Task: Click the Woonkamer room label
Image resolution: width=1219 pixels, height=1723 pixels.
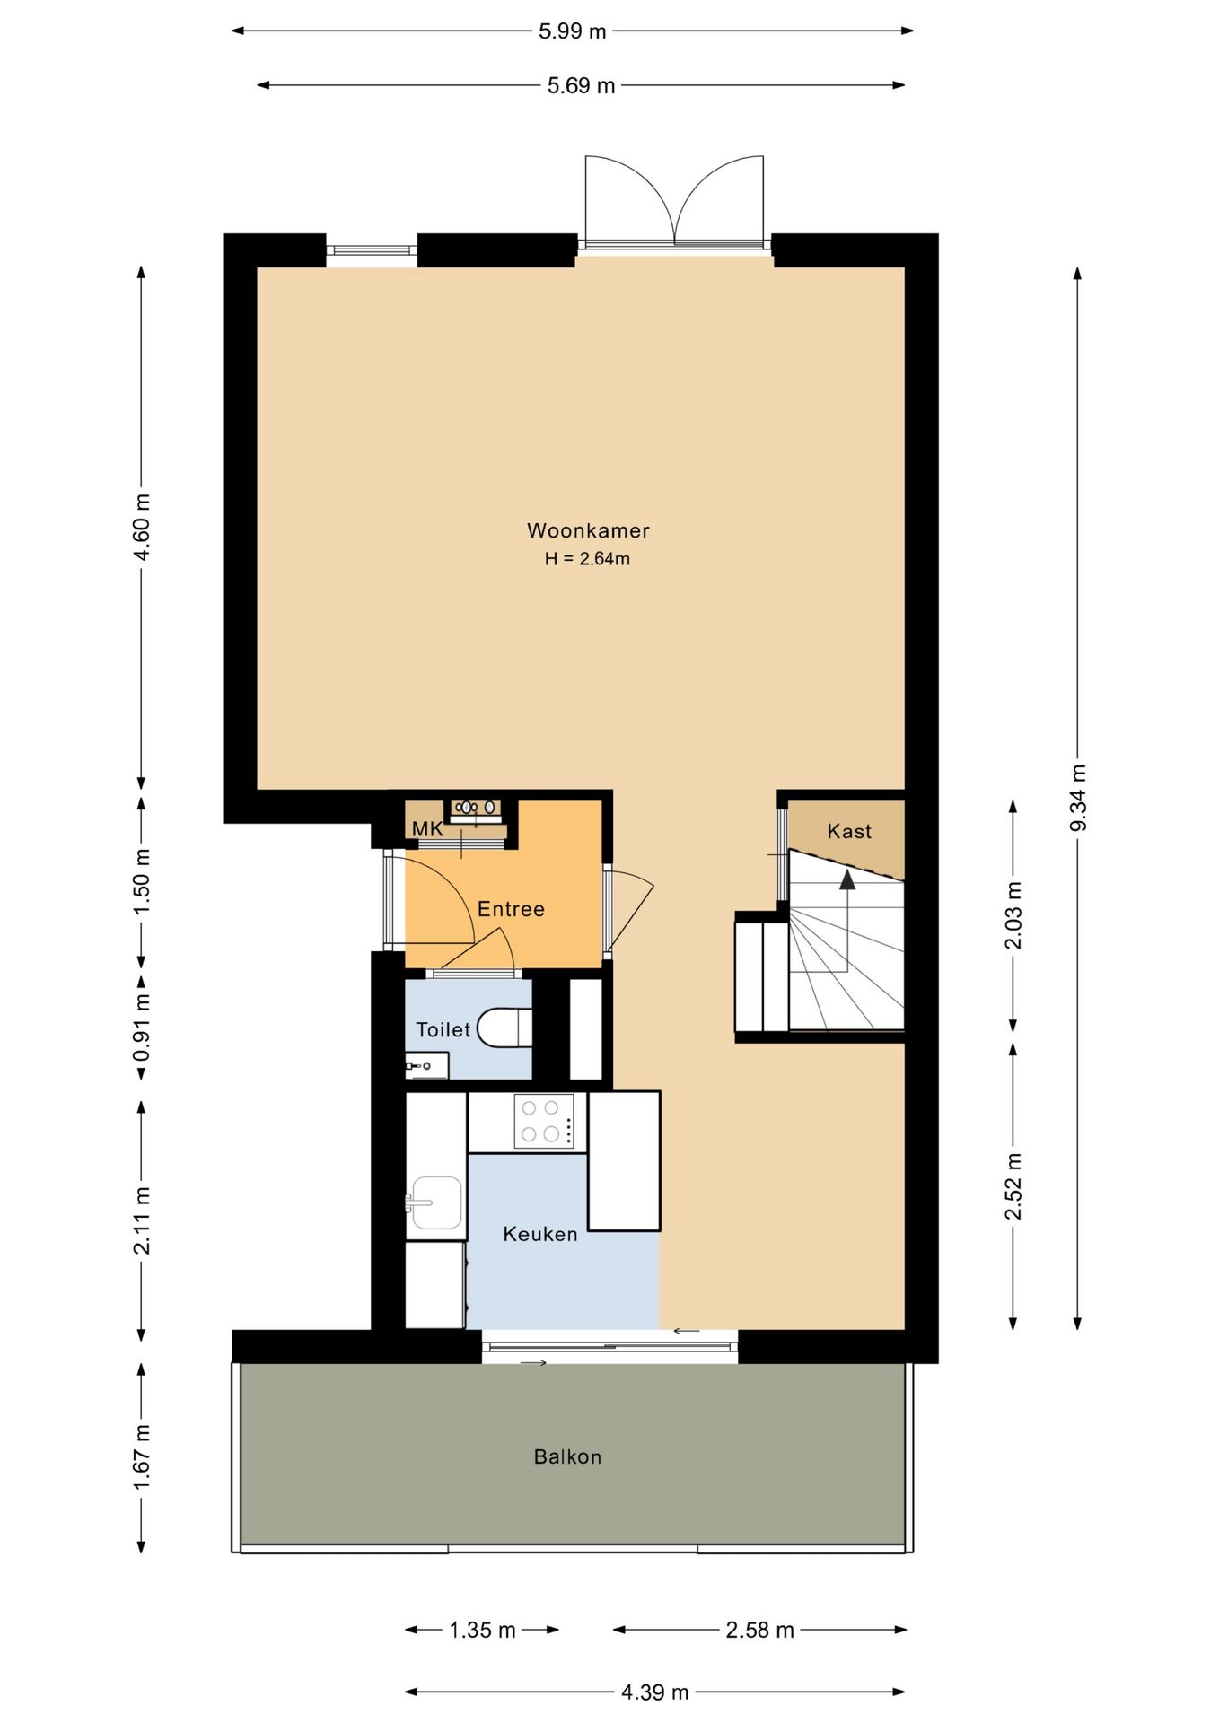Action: pos(588,530)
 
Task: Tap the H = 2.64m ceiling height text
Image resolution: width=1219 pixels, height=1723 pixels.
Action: pos(587,558)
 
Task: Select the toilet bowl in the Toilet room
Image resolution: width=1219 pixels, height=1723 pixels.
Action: pos(504,1028)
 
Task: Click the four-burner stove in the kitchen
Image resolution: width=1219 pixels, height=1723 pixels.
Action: pos(544,1121)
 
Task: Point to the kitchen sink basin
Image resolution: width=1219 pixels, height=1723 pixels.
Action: pos(435,1203)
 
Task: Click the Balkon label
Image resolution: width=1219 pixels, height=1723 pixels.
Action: pos(567,1456)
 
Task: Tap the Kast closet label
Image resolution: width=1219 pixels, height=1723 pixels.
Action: pos(849,831)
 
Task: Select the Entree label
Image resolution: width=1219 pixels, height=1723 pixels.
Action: pos(511,909)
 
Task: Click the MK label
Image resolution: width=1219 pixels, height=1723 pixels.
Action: pos(427,828)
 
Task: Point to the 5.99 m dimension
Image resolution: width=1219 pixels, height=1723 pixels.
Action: pos(573,31)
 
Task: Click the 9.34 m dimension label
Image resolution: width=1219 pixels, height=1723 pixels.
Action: pos(1078,797)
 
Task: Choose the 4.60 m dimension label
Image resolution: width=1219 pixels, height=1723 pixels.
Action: pos(141,527)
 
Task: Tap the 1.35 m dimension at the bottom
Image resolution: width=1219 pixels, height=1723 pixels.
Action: pos(482,1630)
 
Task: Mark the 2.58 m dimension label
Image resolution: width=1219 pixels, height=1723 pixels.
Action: pos(759,1630)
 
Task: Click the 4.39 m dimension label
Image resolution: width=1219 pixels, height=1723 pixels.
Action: pos(655,1692)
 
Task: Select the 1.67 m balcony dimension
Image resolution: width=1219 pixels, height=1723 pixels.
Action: pos(141,1457)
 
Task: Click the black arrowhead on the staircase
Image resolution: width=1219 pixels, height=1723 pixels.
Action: pos(847,879)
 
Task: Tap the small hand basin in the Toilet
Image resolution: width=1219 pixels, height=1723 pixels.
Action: pos(425,1065)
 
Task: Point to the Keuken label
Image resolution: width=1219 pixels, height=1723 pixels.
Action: pos(540,1234)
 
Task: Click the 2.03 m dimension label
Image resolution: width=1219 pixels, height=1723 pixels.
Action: pos(1013,915)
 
